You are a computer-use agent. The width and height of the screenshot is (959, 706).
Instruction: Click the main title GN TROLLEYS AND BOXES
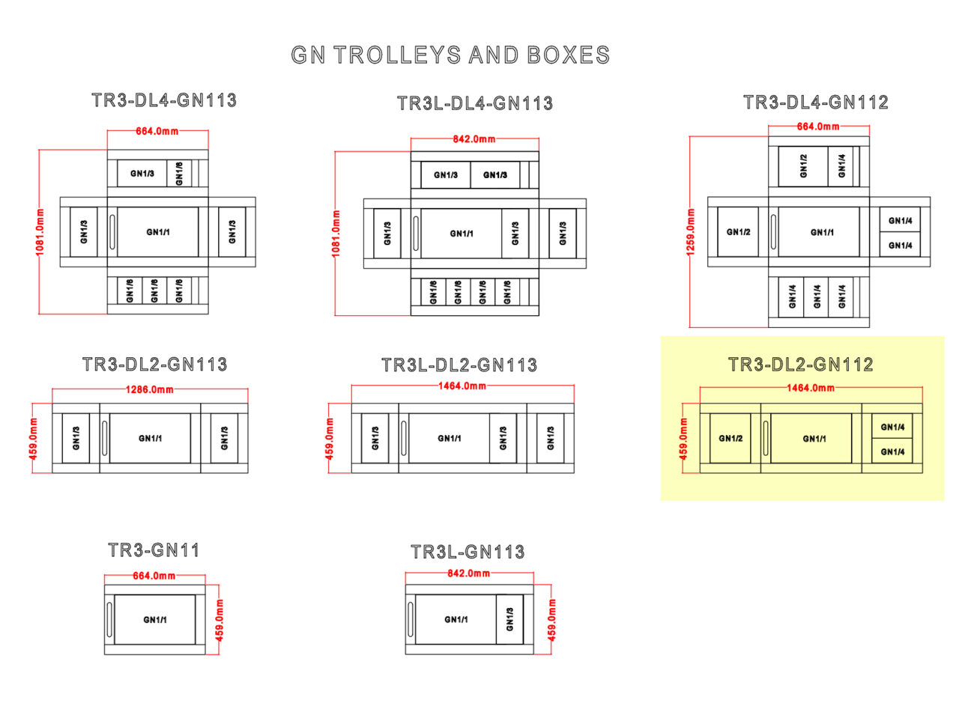click(x=450, y=55)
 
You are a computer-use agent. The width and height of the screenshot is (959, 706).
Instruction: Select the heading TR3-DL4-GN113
click(x=164, y=100)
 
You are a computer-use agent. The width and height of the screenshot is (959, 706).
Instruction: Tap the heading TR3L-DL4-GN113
click(x=475, y=103)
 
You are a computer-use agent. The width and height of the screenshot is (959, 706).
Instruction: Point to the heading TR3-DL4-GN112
click(x=815, y=103)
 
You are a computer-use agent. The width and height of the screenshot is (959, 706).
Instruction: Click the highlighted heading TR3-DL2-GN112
click(x=800, y=365)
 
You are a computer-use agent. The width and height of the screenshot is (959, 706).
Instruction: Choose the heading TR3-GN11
click(x=154, y=550)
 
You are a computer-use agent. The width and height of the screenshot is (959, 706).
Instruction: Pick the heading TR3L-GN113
click(x=468, y=553)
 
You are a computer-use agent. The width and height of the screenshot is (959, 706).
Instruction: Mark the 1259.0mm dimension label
click(x=690, y=231)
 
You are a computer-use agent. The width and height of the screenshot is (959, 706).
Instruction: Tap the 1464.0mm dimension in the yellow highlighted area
click(x=810, y=388)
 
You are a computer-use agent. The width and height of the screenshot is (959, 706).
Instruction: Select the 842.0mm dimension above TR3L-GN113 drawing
click(x=469, y=573)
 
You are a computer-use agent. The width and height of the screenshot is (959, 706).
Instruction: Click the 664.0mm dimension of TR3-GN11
click(x=155, y=576)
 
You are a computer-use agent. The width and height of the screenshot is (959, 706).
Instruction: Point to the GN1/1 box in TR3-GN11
click(x=155, y=619)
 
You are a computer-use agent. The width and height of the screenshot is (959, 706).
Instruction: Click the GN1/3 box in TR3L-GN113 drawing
click(x=509, y=619)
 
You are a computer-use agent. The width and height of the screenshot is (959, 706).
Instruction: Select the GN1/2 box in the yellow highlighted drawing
click(x=730, y=438)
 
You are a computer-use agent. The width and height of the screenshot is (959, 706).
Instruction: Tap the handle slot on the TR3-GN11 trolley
click(x=109, y=619)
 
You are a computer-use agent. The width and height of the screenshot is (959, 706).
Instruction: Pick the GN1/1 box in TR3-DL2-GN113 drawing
click(x=150, y=438)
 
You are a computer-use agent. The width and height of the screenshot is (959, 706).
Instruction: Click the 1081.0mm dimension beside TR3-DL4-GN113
click(x=40, y=231)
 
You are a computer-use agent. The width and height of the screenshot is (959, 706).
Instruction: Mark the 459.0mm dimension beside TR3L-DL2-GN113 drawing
click(x=330, y=438)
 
